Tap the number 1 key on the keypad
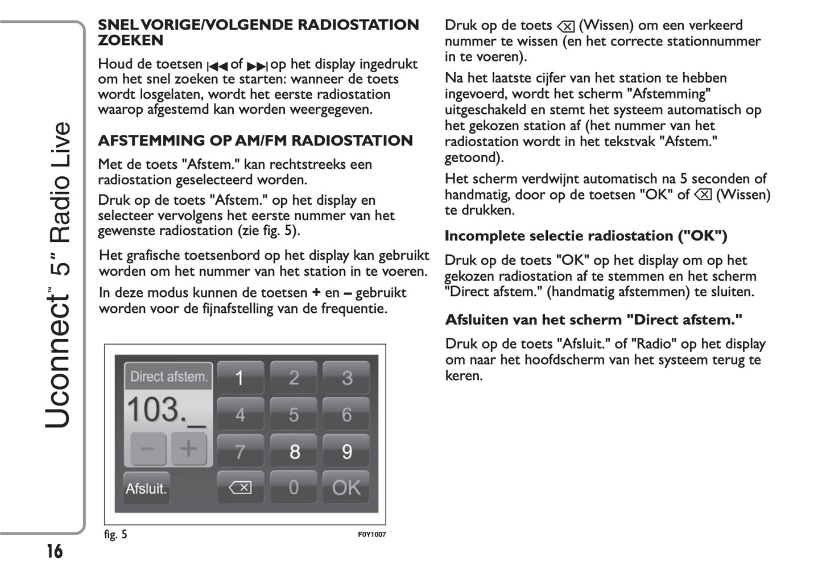click(240, 378)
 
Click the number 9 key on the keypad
click(346, 452)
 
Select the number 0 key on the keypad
click(294, 487)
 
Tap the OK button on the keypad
click(346, 487)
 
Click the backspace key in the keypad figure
click(240, 487)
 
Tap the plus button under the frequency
click(189, 449)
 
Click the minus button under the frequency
click(148, 449)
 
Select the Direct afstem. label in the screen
click(169, 377)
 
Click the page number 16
click(55, 551)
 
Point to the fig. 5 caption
click(115, 535)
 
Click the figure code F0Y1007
click(371, 535)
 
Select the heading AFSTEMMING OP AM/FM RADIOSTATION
click(255, 140)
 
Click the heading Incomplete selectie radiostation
click(586, 236)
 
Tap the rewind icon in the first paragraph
click(217, 66)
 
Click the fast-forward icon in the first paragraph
click(257, 66)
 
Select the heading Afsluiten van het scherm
click(594, 320)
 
